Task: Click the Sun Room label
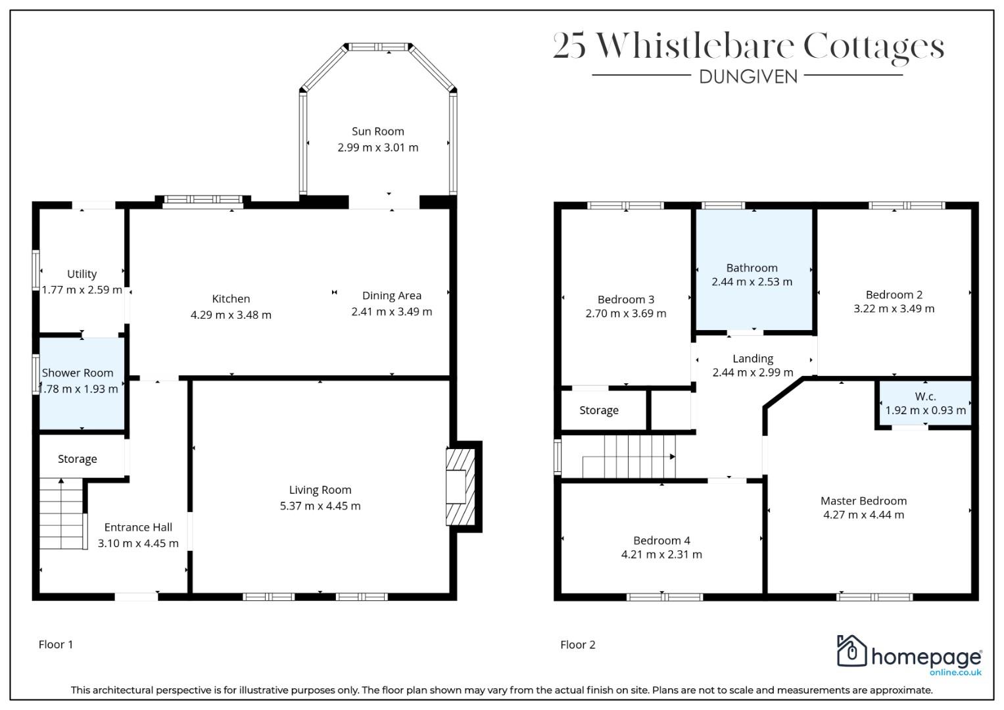[x=378, y=131]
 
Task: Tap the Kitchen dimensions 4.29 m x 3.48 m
[x=231, y=315]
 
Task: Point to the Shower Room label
[x=78, y=373]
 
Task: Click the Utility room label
[x=82, y=274]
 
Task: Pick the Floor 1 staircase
[x=62, y=513]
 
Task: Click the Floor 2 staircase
[x=629, y=457]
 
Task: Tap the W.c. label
[x=925, y=396]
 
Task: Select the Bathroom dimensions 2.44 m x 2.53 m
[x=752, y=281]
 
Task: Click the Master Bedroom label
[x=863, y=501]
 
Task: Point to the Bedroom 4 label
[x=661, y=540]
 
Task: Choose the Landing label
[x=753, y=358]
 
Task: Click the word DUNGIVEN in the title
[x=748, y=77]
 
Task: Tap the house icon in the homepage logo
[x=851, y=650]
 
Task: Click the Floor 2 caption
[x=578, y=644]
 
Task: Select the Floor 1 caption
[x=56, y=644]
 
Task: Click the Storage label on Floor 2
[x=599, y=410]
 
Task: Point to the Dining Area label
[x=392, y=295]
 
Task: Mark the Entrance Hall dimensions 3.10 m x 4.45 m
[x=138, y=543]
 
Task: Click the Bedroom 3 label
[x=626, y=299]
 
